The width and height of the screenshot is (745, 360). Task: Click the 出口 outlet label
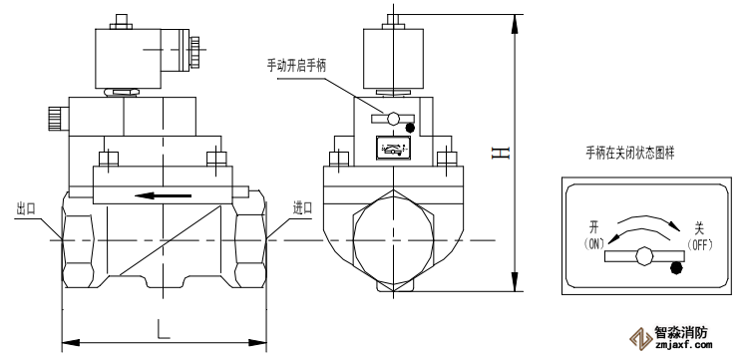click(x=26, y=209)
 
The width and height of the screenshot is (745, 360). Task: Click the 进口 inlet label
click(x=302, y=208)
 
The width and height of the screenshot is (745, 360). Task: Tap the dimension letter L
click(x=164, y=329)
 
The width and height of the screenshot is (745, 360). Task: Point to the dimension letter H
click(x=501, y=153)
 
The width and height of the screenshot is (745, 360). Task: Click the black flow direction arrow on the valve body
click(x=163, y=195)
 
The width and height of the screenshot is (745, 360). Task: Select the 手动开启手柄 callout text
click(x=296, y=66)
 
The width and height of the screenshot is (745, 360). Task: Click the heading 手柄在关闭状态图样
click(x=629, y=154)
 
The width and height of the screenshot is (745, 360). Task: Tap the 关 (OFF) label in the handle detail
click(x=699, y=236)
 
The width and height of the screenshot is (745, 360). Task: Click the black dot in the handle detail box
click(x=676, y=268)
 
